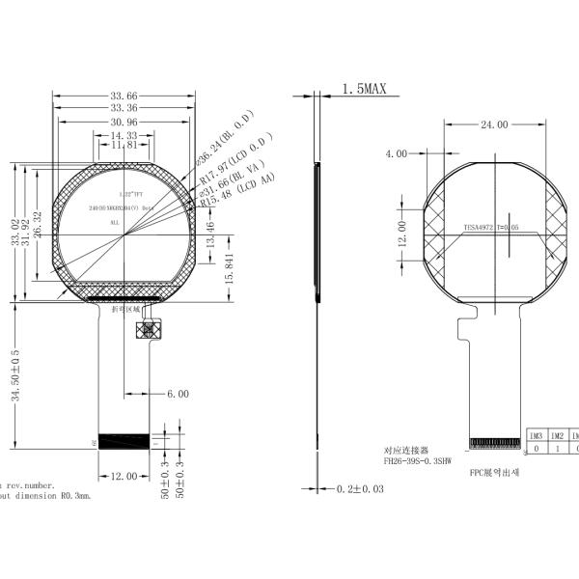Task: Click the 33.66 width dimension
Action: pyautogui.click(x=124, y=96)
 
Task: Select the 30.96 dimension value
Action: pyautogui.click(x=124, y=123)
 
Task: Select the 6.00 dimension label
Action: pyautogui.click(x=178, y=394)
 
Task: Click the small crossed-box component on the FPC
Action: pyautogui.click(x=149, y=330)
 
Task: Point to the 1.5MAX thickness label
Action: pyautogui.click(x=364, y=90)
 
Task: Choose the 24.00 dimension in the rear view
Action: pyautogui.click(x=494, y=124)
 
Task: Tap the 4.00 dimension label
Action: pyautogui.click(x=397, y=153)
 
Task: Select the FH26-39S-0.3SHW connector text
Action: pyautogui.click(x=423, y=461)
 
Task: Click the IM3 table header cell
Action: pyautogui.click(x=536, y=436)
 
